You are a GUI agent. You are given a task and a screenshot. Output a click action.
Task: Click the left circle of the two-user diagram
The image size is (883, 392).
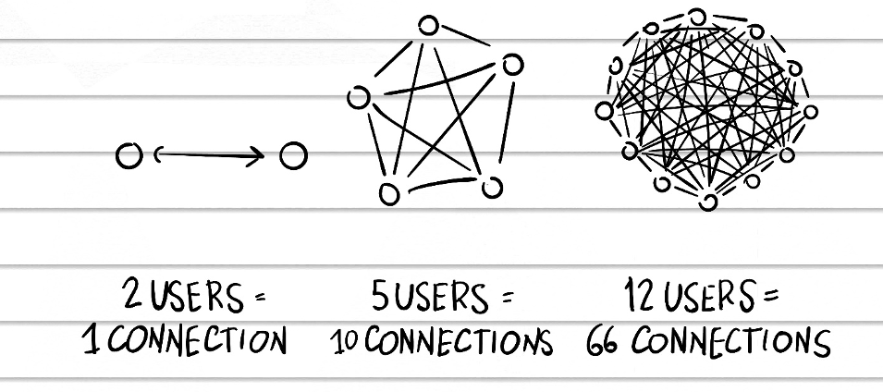tap(129, 155)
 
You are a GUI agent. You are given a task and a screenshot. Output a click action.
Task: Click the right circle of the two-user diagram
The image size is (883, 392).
tap(292, 155)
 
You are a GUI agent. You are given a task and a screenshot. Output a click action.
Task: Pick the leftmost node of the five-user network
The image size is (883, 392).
tap(358, 96)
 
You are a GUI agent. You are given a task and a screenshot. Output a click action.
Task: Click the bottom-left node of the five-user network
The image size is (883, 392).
tap(389, 192)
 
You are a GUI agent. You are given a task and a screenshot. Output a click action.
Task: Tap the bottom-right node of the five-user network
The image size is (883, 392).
tap(492, 188)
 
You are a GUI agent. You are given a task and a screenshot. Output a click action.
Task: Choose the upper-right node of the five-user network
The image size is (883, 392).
tap(512, 64)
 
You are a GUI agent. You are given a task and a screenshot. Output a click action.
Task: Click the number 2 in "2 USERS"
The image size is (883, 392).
tap(132, 297)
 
